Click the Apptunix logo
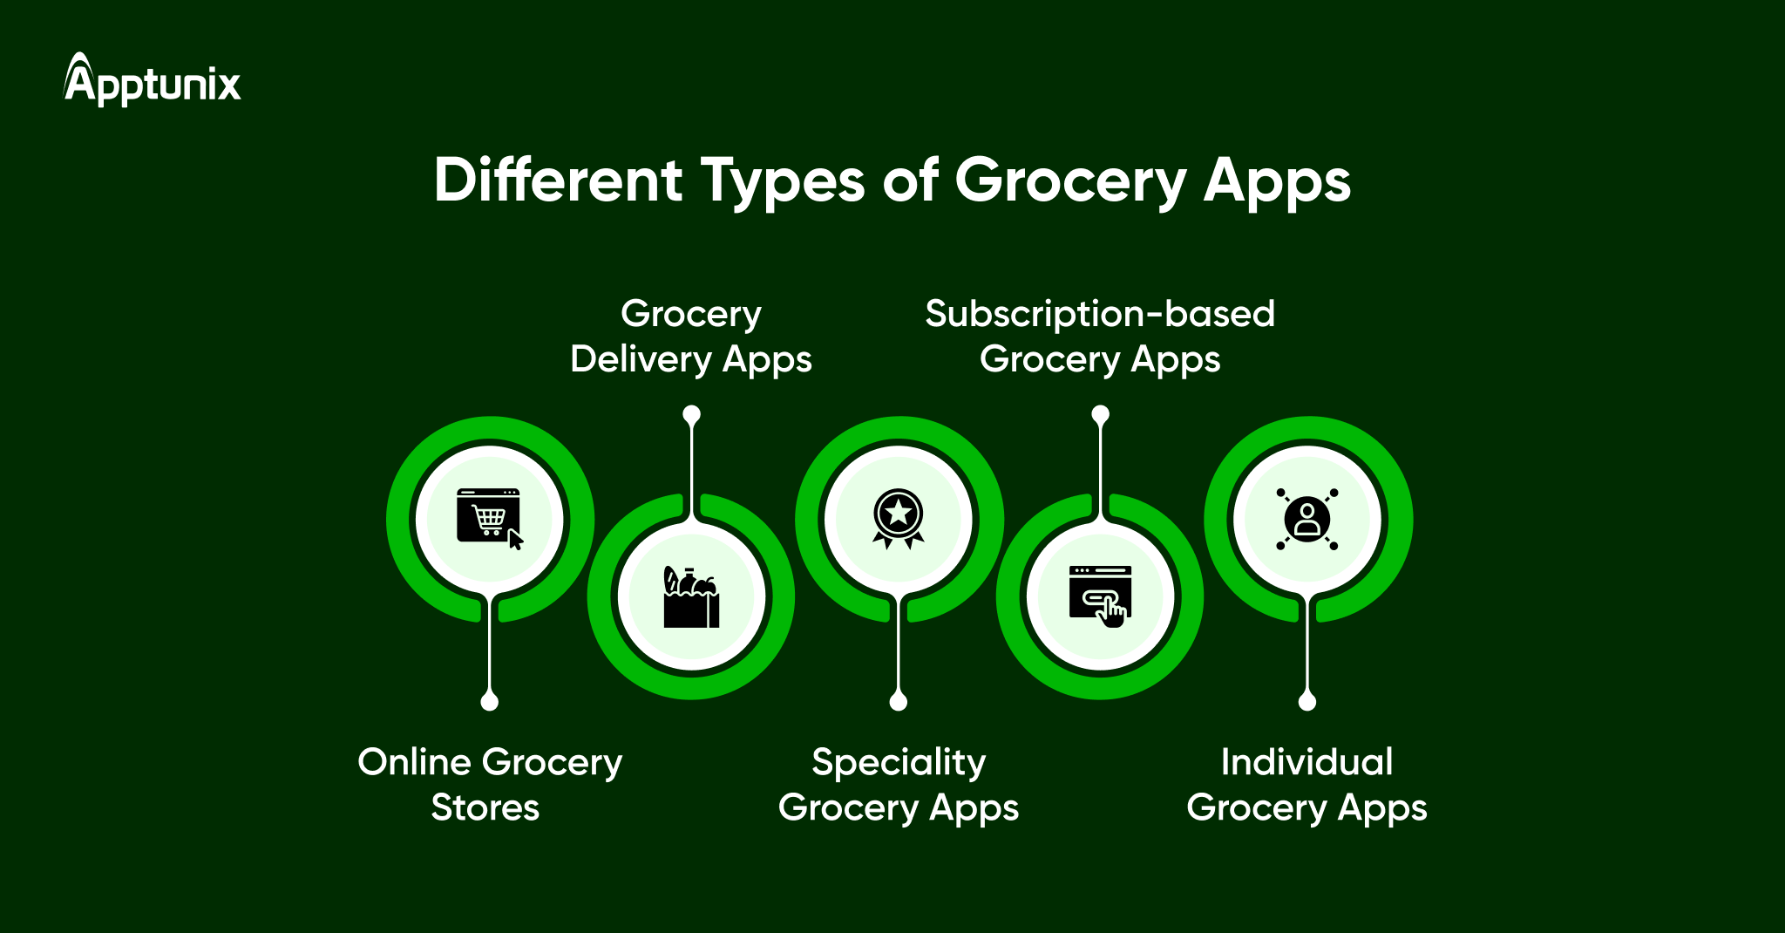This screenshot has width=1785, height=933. pyautogui.click(x=153, y=81)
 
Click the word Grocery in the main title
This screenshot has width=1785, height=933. pyautogui.click(x=1070, y=181)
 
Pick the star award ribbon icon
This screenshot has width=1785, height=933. pyautogui.click(x=899, y=519)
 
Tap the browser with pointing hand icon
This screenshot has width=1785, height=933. pyautogui.click(x=1100, y=596)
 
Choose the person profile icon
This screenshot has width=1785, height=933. pyautogui.click(x=1307, y=519)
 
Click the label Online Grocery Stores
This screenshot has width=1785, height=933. pyautogui.click(x=489, y=784)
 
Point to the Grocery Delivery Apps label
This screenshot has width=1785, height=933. pyautogui.click(x=691, y=337)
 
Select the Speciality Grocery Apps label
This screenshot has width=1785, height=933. pyautogui.click(x=899, y=784)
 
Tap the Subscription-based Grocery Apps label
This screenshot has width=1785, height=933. pyautogui.click(x=1100, y=337)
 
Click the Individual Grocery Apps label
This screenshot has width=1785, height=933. pyautogui.click(x=1307, y=784)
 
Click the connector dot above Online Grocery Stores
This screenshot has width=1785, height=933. pyautogui.click(x=490, y=701)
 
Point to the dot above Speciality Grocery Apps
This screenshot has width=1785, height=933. pyautogui.click(x=899, y=701)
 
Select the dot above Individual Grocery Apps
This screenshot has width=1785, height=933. pyautogui.click(x=1307, y=701)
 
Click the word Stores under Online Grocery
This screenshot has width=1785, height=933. pyautogui.click(x=485, y=807)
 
